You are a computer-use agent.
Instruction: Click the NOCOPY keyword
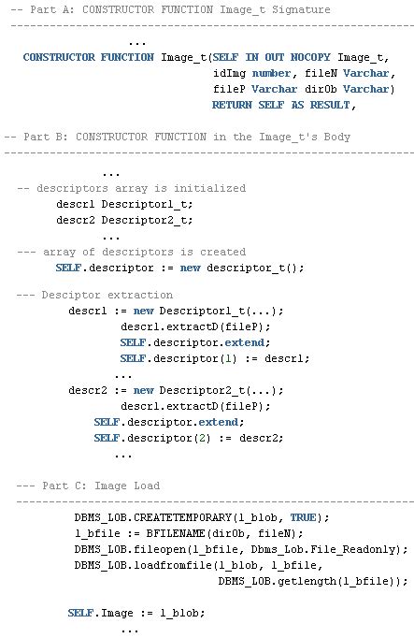pos(310,57)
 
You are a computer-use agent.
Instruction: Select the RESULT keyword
pos(330,105)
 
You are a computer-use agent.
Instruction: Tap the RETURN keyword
pos(232,105)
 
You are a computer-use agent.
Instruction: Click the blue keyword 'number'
pos(271,73)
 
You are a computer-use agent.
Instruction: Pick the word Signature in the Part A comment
pos(301,9)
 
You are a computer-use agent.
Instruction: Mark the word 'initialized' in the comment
pos(209,188)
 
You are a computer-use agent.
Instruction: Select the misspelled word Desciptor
pos(71,295)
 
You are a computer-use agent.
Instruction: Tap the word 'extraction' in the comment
pos(140,295)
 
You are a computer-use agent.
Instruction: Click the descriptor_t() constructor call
pos(255,268)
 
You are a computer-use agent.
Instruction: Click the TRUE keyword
pos(303,517)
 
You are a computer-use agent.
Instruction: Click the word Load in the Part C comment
pos(147,486)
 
